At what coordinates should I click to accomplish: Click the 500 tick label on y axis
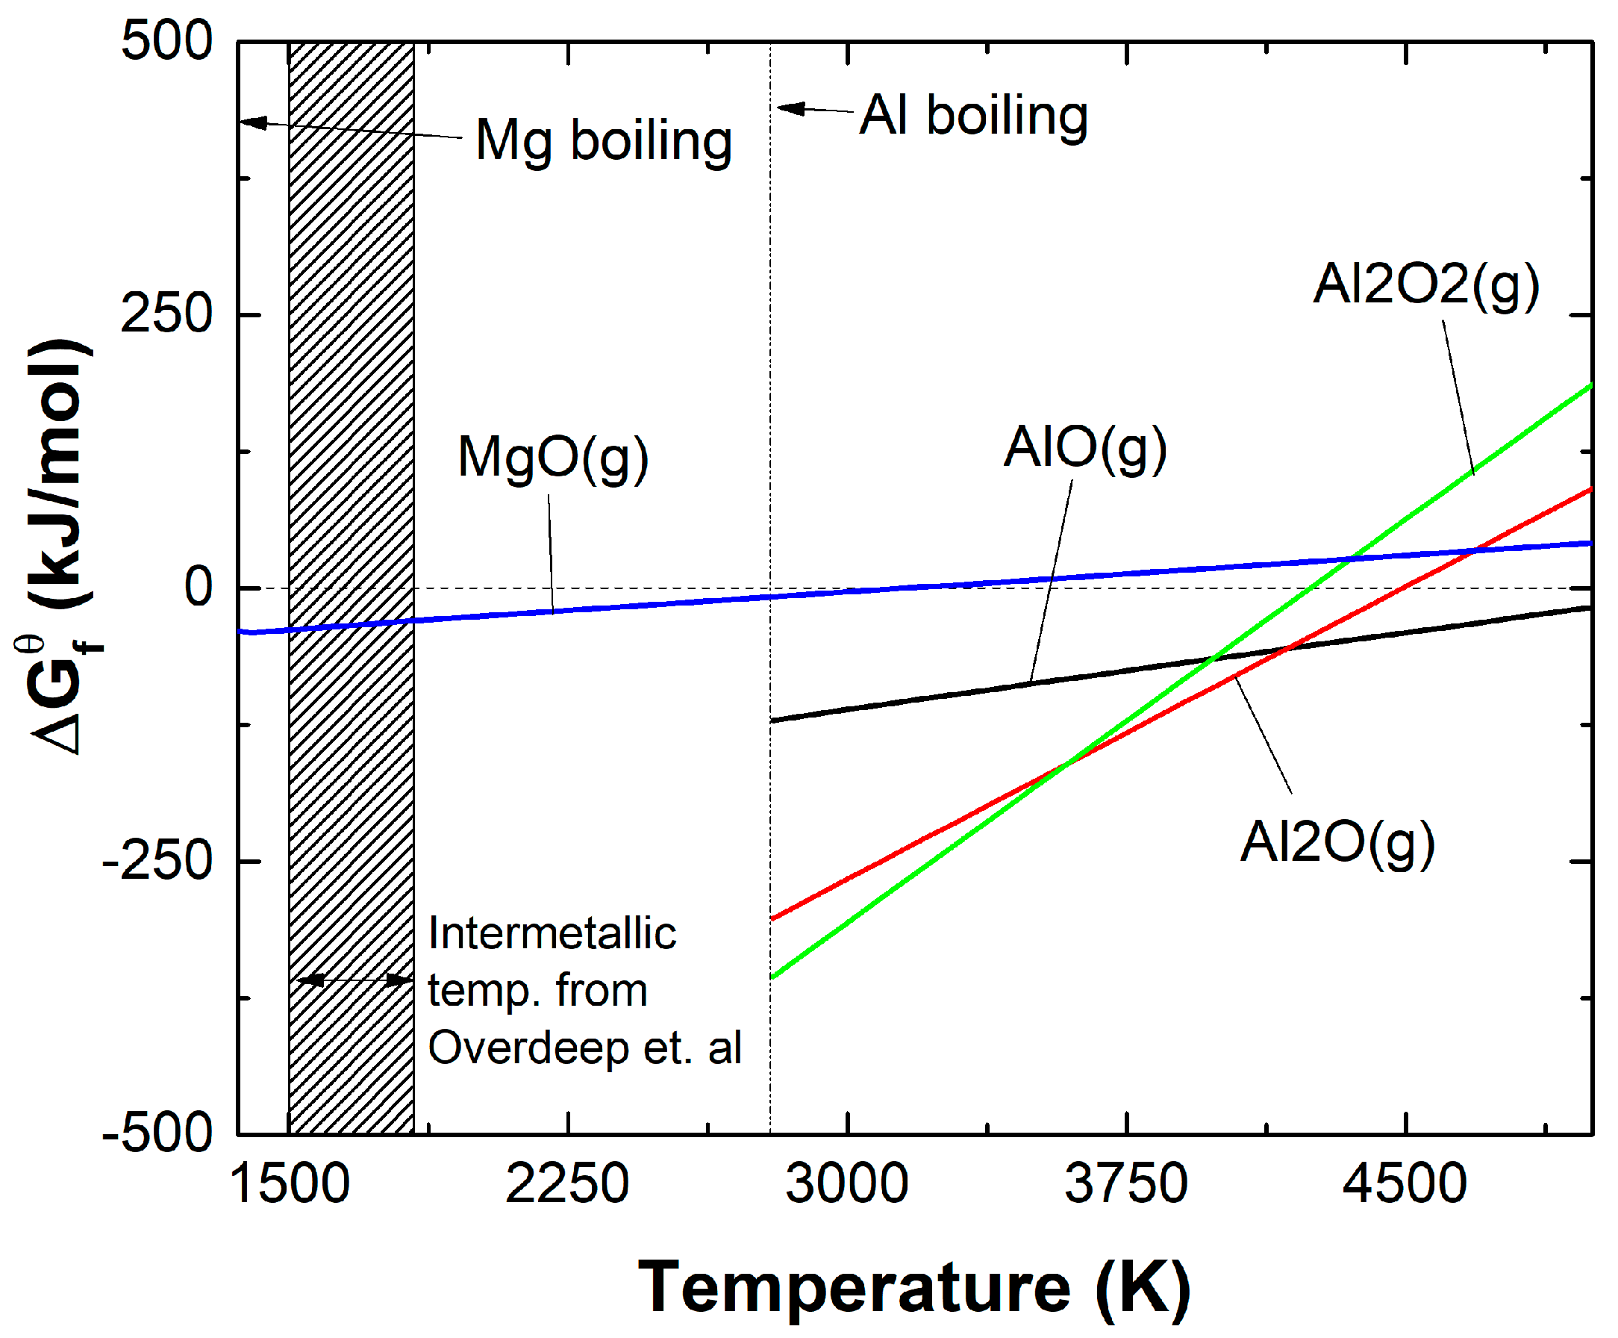(166, 41)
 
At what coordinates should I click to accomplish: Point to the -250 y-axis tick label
(157, 861)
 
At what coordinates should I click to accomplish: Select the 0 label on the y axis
(198, 588)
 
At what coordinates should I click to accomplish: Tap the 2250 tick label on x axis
(567, 1185)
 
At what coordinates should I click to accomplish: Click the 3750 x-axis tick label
(1125, 1185)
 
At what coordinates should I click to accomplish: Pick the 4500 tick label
(1405, 1185)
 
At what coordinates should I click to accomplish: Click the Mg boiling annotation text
(603, 141)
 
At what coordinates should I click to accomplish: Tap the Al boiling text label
(973, 116)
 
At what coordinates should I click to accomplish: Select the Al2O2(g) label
(1425, 284)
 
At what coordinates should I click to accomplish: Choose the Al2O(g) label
(1337, 842)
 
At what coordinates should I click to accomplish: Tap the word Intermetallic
(552, 934)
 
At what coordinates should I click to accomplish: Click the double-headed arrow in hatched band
(354, 980)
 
